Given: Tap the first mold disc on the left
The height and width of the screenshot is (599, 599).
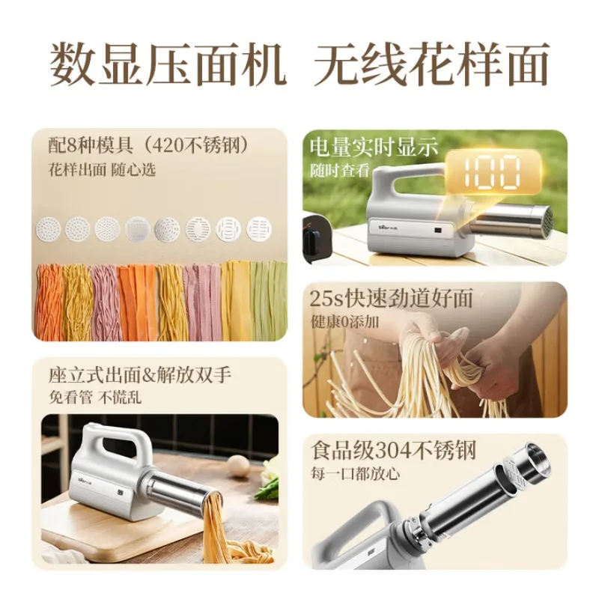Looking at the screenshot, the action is point(49,229).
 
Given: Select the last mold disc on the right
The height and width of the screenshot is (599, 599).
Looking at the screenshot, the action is point(259,229).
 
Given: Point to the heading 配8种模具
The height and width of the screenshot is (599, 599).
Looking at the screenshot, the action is point(90,146).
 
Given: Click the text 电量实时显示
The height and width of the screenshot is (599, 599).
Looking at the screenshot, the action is point(373,148).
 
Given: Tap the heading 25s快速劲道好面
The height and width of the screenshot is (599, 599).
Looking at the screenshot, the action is point(391,298).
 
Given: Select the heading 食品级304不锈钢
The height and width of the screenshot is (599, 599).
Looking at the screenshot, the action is point(393,451).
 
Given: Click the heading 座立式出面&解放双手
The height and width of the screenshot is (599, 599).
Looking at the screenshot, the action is point(140,375).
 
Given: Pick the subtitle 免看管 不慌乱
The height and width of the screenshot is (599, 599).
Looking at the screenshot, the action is point(95,398).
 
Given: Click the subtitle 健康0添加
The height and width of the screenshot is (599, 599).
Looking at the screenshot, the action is point(344,322).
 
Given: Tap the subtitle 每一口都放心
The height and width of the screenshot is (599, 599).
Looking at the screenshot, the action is point(355,474).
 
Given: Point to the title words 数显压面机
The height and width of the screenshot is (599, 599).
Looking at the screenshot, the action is point(168,64).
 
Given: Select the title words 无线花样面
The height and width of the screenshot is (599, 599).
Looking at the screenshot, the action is point(431,64).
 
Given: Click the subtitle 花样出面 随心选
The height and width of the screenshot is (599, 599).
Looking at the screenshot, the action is point(102,170).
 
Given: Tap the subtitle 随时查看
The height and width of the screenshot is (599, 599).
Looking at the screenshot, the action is point(340,170).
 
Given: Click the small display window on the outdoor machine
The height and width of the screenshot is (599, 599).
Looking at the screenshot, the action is point(438,231).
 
